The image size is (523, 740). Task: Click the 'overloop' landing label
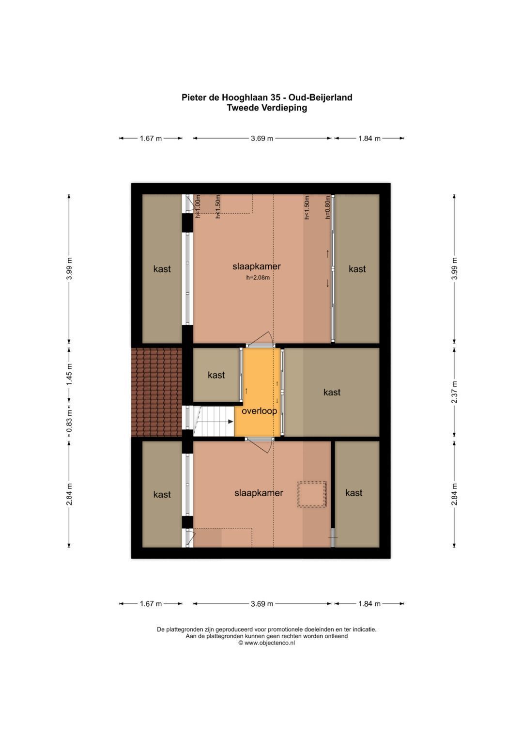pos(259,411)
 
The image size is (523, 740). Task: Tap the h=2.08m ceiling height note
pos(258,278)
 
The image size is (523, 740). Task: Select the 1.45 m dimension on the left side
pos(69,374)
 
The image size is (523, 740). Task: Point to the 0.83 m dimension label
pos(69,421)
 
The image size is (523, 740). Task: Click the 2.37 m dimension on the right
pos(454,392)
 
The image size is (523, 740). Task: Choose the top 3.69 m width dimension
pos(262,139)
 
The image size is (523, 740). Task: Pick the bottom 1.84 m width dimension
pos(369,604)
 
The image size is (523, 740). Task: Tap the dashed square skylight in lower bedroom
pos(312,494)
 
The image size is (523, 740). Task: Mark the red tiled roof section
pos(157,392)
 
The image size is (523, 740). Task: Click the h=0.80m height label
pos(327,207)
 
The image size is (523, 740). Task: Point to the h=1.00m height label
pos(198,207)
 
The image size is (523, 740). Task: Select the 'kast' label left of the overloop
pos(216,375)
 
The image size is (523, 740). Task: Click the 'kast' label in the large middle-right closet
pos(332,392)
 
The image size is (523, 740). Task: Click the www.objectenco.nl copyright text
pos(267,643)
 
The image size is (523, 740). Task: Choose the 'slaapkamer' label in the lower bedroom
pos(259,493)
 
